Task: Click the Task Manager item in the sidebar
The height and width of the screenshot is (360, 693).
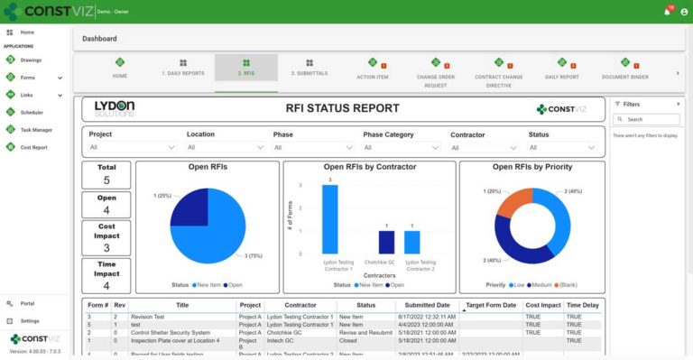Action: [x=35, y=129]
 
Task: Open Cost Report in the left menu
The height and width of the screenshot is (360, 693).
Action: [x=33, y=146]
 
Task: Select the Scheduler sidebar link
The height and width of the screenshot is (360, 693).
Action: [x=32, y=112]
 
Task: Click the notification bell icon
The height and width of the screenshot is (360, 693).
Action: [x=667, y=12]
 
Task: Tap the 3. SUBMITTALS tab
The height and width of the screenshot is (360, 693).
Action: [x=309, y=68]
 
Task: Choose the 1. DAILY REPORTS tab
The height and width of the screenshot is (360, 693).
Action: [x=183, y=68]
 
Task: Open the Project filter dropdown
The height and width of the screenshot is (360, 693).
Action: [x=133, y=147]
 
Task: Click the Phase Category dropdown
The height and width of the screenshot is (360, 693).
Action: [x=401, y=147]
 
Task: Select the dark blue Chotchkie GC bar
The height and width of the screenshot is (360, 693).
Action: [x=386, y=242]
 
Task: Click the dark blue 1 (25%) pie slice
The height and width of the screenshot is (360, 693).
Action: [x=190, y=208]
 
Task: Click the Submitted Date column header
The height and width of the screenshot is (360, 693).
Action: [x=427, y=306]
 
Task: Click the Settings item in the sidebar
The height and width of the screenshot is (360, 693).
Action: [x=30, y=320]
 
